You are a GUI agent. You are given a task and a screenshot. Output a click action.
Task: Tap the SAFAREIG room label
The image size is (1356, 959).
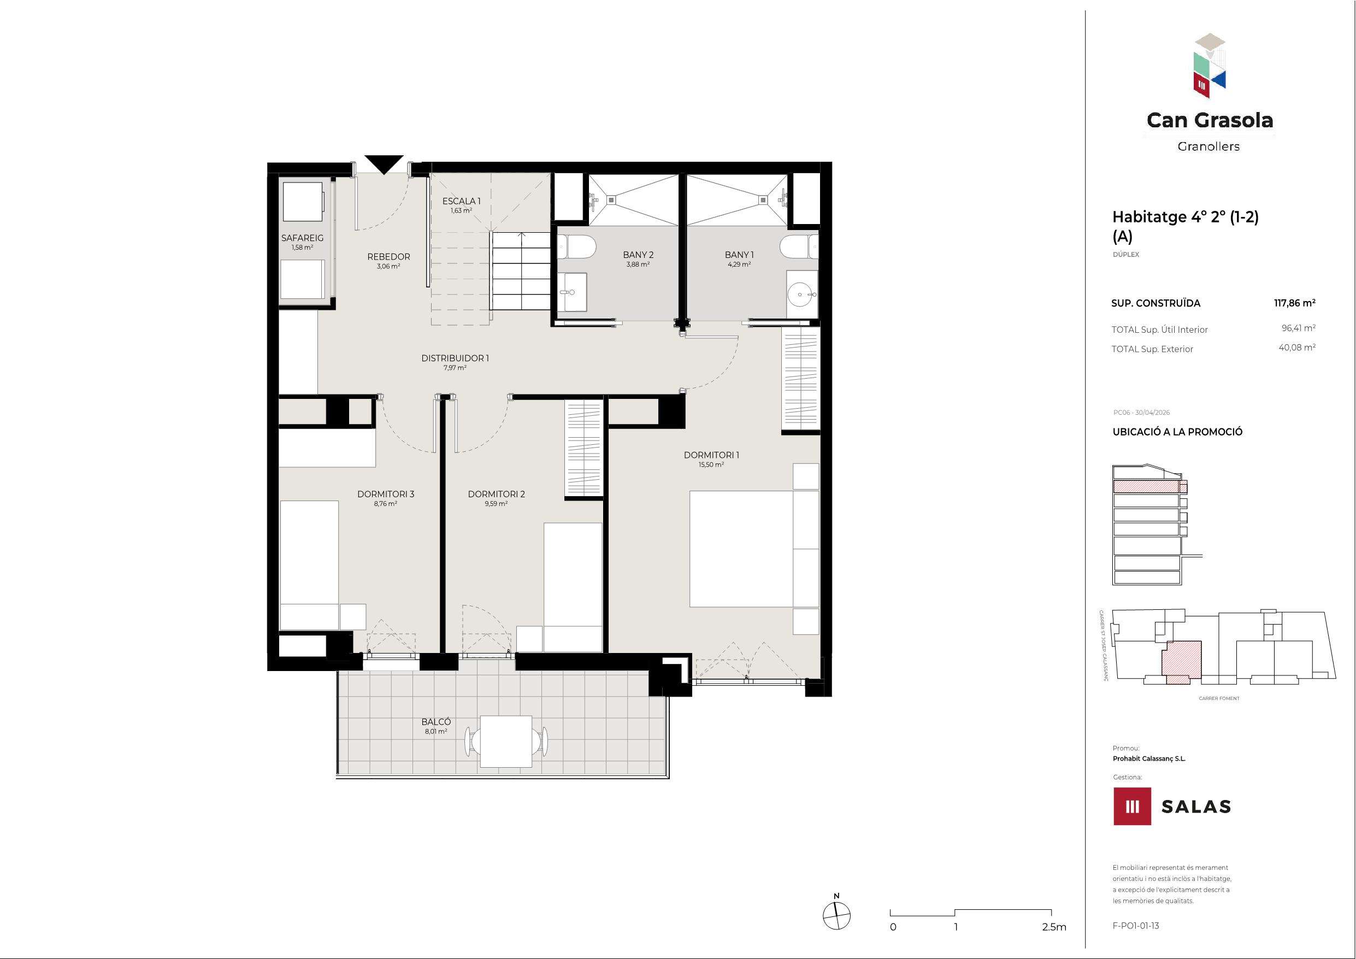(302, 238)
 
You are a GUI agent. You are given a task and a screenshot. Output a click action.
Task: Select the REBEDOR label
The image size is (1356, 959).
(388, 256)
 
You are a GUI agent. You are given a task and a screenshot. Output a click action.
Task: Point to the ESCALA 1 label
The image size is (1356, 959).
(461, 202)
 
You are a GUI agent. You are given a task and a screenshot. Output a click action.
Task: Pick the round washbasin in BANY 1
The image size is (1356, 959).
(802, 293)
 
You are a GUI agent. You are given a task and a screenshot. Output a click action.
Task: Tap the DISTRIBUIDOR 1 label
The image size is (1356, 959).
(455, 358)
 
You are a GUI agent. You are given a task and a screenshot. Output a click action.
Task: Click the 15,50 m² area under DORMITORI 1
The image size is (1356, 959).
(711, 465)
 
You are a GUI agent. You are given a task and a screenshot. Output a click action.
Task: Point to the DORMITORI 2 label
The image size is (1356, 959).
(496, 494)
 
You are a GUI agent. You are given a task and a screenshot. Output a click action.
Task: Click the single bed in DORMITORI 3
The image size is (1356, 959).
(309, 565)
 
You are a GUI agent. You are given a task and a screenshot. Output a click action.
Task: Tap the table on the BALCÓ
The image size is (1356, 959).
(505, 741)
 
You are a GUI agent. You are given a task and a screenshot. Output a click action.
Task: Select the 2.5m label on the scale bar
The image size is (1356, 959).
(1054, 927)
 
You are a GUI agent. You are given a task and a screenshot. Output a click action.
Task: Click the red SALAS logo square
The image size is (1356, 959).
(1132, 806)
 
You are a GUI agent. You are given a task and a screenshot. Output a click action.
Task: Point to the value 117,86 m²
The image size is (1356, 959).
(1295, 303)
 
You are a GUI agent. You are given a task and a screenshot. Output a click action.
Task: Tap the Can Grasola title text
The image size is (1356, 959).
(1210, 121)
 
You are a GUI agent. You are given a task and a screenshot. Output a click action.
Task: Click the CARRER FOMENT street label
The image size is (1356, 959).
(1219, 698)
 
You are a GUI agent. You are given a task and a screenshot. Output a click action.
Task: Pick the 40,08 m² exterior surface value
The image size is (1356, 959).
(1297, 348)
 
